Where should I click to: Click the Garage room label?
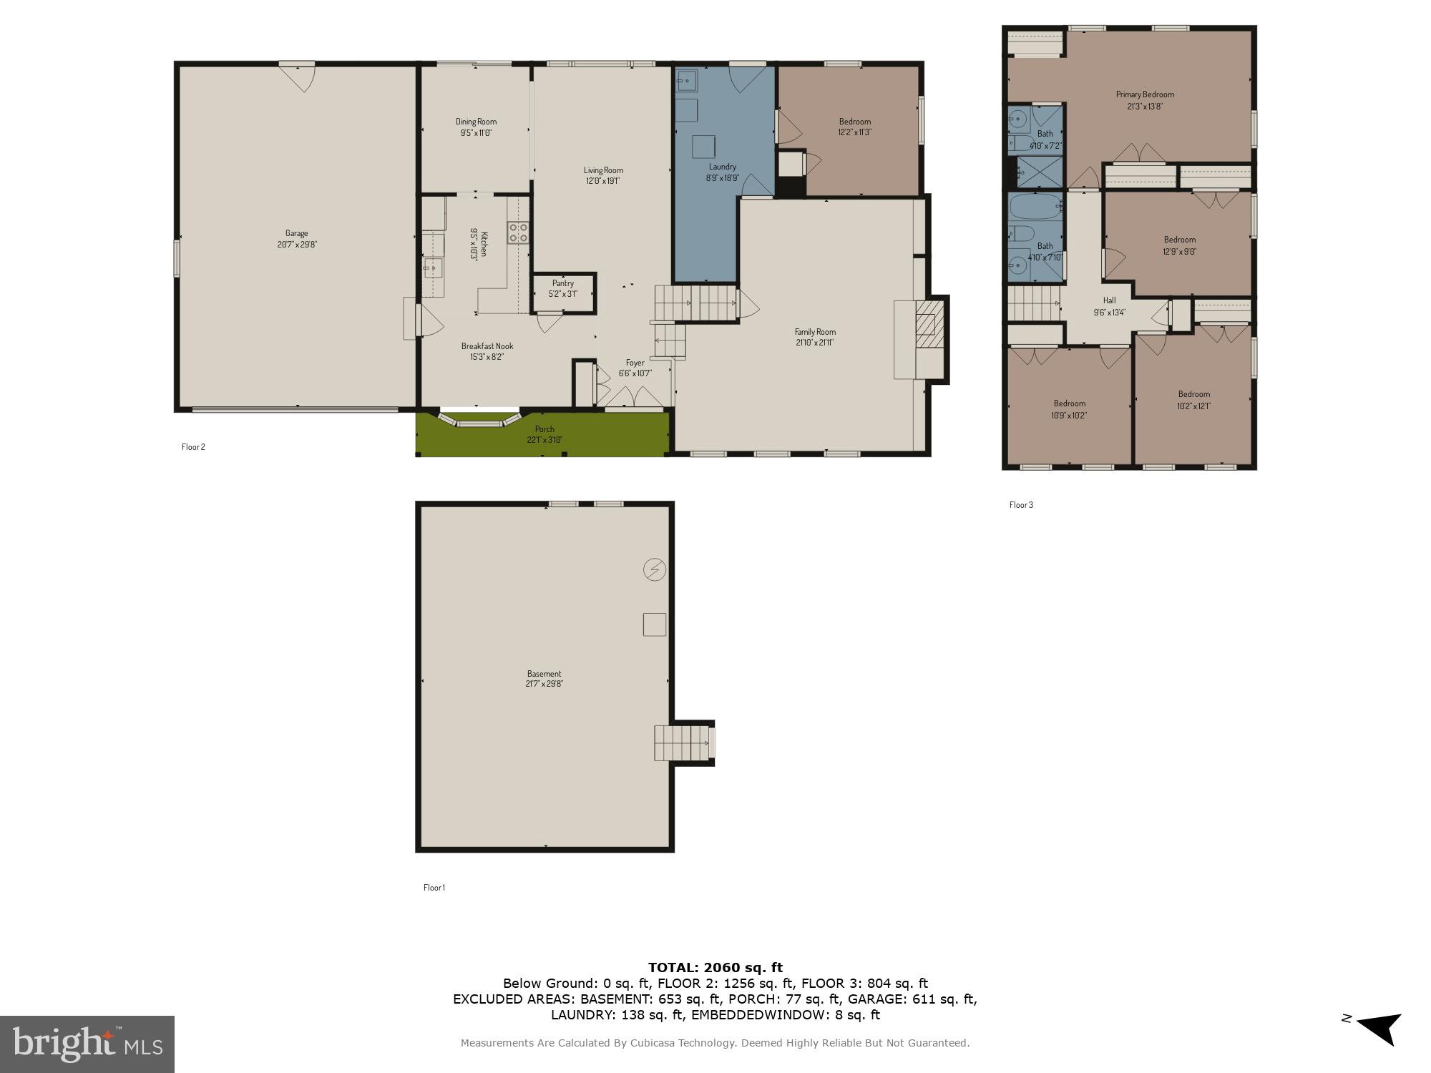point(296,238)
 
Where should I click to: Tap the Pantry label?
point(563,288)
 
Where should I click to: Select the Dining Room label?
point(476,127)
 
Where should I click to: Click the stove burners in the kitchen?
point(518,232)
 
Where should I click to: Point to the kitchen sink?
point(433,269)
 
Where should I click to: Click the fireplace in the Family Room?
point(926,317)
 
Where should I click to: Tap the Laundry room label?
point(722,172)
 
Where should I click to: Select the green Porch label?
point(544,434)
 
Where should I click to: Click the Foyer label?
point(635,368)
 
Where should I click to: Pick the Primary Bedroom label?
point(1145,99)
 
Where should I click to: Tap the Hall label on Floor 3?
point(1109,305)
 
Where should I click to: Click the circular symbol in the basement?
point(655,569)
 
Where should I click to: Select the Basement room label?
point(544,678)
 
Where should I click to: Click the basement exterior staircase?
point(683,743)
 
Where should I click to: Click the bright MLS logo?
point(87,1044)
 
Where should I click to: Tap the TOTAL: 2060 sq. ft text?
point(715,968)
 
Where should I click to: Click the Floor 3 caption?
point(1021,505)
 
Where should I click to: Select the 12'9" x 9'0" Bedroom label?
point(1179,245)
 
